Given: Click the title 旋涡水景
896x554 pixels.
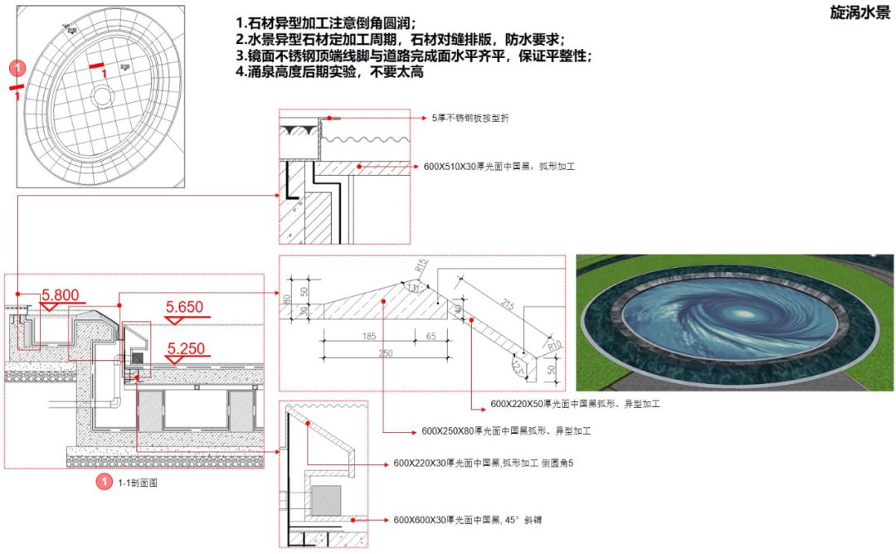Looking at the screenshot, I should [859, 12].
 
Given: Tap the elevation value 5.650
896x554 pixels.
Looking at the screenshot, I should [184, 307].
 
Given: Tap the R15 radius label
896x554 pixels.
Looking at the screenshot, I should [422, 268].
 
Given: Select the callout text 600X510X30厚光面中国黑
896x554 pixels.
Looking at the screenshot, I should [499, 167].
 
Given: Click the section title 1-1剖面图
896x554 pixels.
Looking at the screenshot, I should [137, 483].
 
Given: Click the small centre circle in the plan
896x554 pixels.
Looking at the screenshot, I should [102, 96].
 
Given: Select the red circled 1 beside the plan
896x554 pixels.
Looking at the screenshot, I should [14, 67].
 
